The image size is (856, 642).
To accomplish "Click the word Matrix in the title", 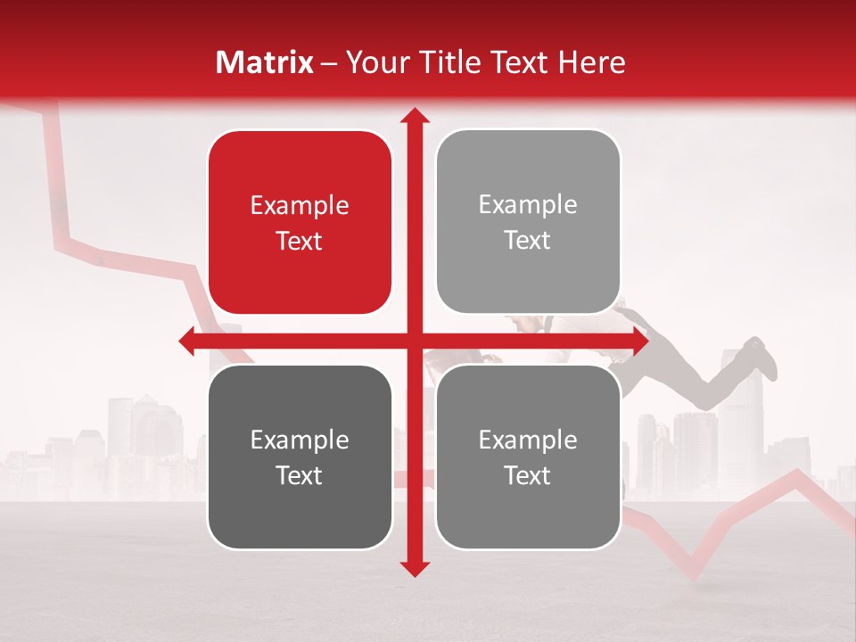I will pos(265,62).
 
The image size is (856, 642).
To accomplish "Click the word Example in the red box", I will pos(300,206).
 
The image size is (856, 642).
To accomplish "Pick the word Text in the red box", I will pos(300,242).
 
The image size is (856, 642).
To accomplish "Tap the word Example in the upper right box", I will pos(528,205).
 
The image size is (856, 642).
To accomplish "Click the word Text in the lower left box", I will pos(300,476).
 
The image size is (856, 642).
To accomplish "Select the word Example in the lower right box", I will pos(528,440).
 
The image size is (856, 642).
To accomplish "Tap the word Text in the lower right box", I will pos(528,476).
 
